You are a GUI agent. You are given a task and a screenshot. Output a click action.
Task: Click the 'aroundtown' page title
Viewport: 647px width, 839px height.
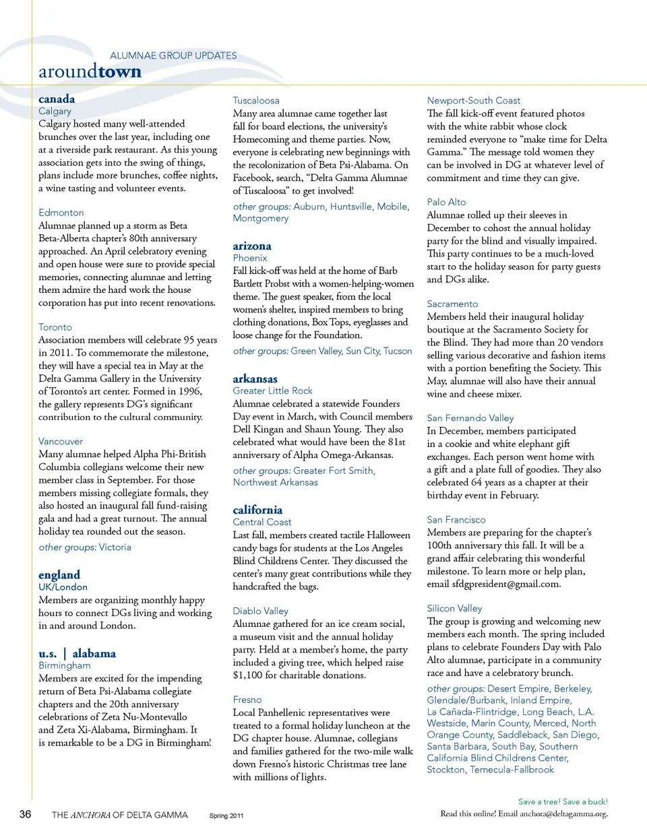tap(90, 71)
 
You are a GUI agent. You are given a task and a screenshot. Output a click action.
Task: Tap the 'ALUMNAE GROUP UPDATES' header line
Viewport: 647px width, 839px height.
tap(173, 56)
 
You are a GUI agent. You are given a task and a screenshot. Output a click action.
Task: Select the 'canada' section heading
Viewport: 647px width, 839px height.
tap(57, 99)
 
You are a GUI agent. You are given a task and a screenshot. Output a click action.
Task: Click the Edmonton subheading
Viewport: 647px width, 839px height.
tap(61, 213)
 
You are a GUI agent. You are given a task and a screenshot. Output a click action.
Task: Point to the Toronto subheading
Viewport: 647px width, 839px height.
tap(55, 327)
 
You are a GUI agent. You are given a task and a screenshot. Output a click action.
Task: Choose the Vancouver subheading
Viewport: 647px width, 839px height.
tap(61, 442)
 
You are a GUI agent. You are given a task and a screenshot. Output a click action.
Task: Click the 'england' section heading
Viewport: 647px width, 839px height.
tap(59, 574)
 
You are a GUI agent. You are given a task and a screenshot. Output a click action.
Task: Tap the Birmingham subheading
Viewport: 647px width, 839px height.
tap(65, 665)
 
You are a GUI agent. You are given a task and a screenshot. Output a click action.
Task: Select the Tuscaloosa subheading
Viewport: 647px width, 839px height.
tap(256, 100)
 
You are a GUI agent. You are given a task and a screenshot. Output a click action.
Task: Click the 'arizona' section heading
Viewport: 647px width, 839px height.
tap(252, 246)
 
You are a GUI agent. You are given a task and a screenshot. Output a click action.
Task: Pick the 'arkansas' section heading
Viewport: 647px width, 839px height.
tap(255, 378)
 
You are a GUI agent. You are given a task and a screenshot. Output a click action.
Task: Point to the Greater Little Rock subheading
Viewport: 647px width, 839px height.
tap(273, 391)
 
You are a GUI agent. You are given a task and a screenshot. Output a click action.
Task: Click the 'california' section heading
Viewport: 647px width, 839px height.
tap(257, 510)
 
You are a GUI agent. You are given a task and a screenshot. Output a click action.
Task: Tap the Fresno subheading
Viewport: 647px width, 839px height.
tap(247, 700)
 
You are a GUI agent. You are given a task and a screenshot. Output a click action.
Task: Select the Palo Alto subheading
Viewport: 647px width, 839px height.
tap(446, 202)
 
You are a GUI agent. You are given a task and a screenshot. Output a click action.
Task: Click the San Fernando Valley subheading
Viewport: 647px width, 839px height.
tap(470, 418)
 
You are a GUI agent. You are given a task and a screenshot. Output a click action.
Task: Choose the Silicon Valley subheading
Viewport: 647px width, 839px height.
tap(454, 608)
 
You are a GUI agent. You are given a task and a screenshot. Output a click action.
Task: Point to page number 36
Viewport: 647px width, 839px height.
tap(25, 814)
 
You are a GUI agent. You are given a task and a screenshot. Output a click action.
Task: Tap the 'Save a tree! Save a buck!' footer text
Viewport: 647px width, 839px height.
tap(563, 801)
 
